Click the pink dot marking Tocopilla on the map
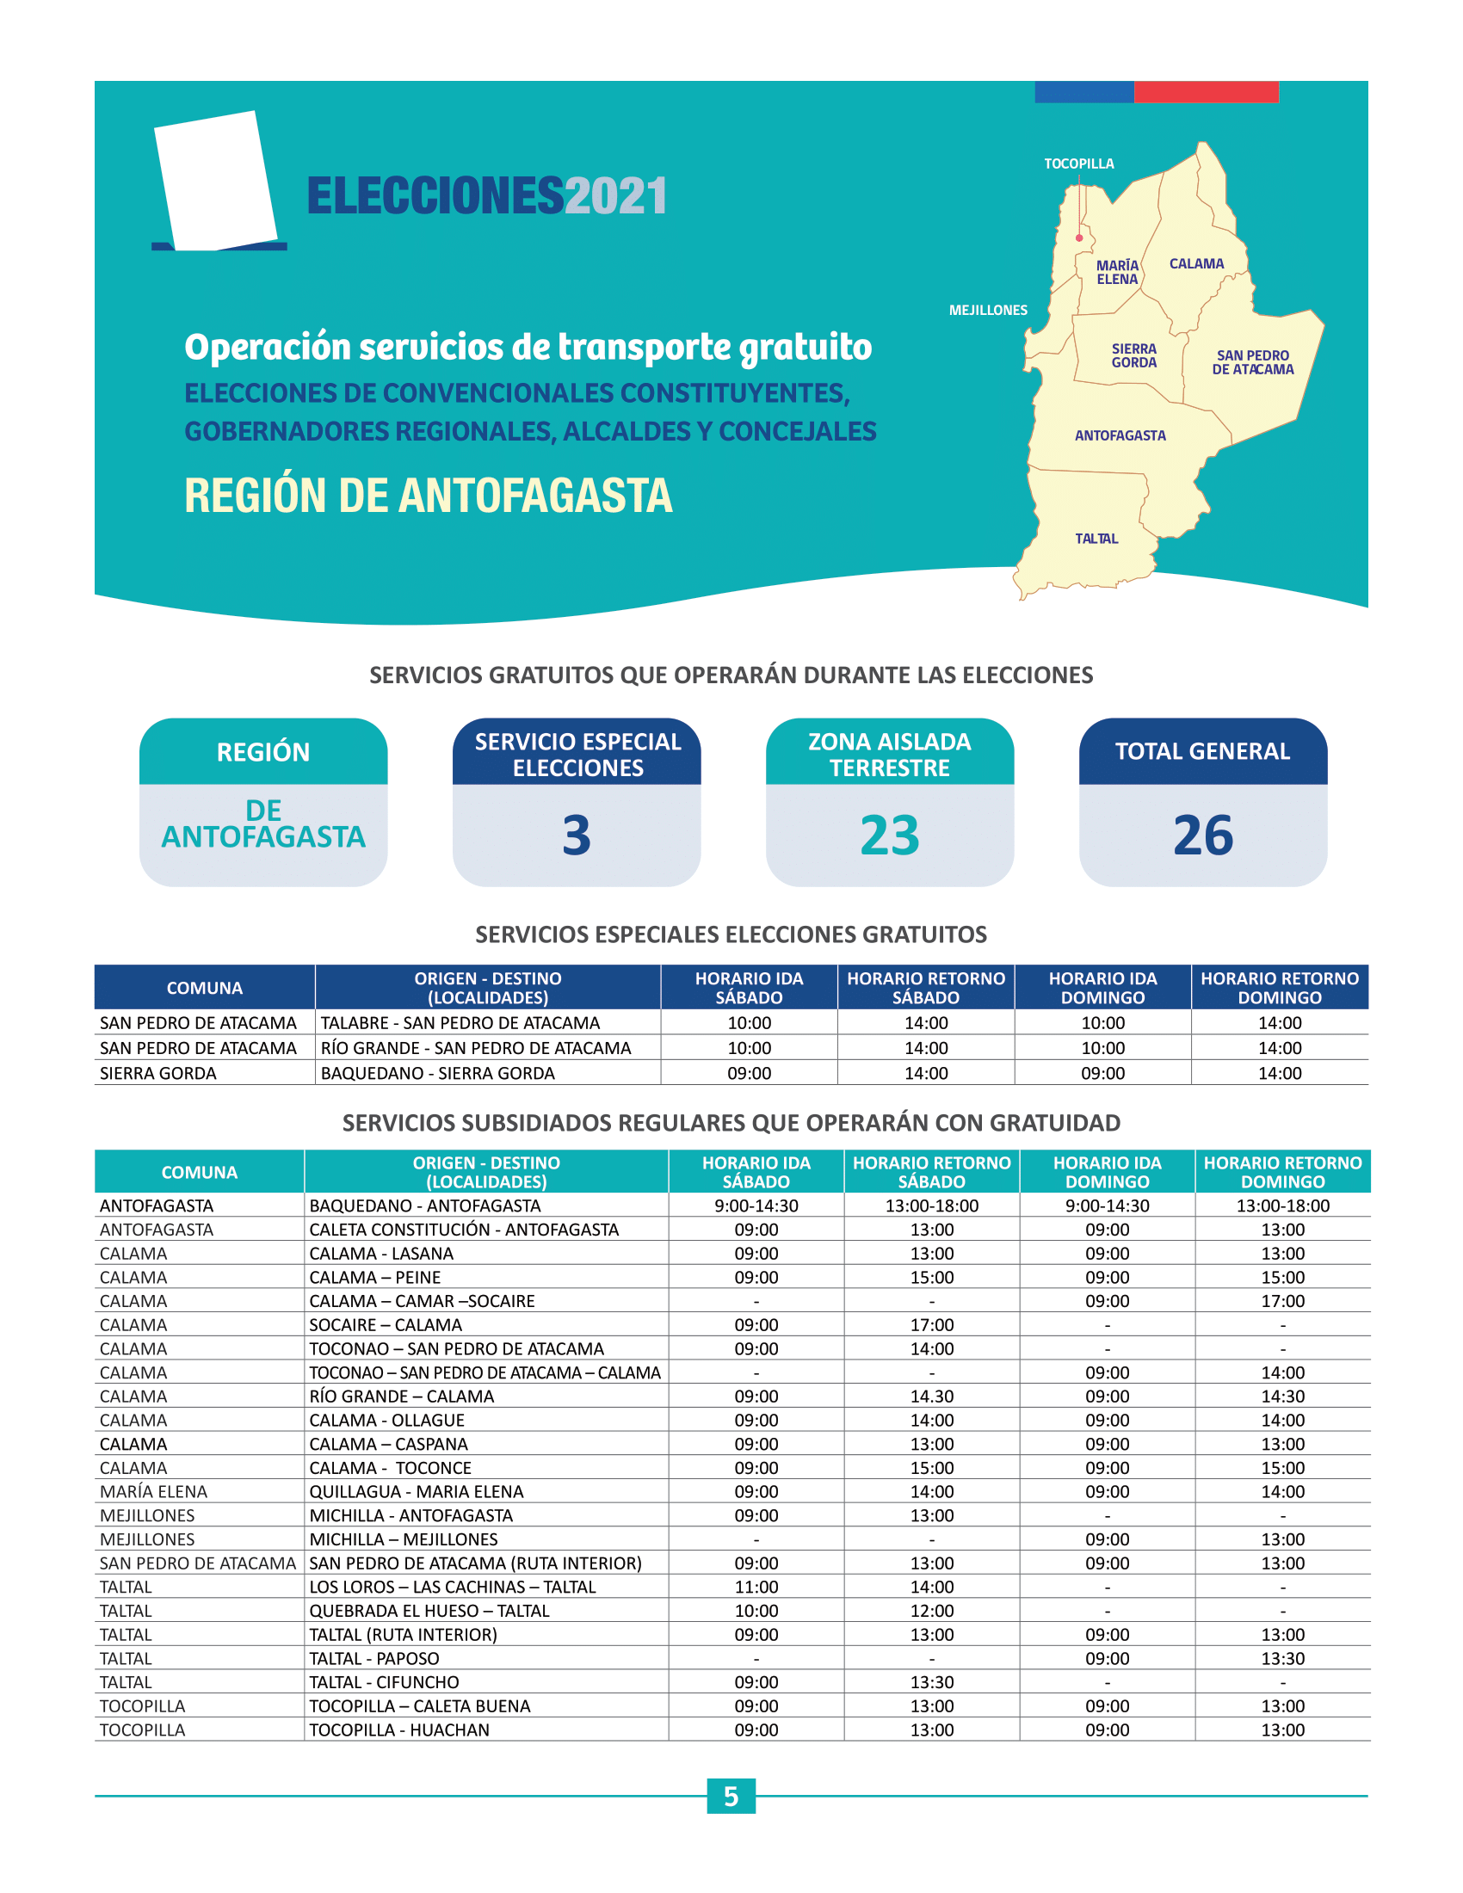pos(1079,237)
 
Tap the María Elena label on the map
pos(1117,272)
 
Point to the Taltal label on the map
pos(1096,539)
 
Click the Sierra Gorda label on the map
pos(1133,355)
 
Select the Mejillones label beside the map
pos(988,311)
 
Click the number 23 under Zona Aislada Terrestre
pos(889,836)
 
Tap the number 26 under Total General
pos(1203,836)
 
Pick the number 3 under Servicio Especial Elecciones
pos(577,836)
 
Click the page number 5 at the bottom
pos(731,1797)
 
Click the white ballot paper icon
pos(216,181)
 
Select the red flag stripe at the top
pos(1207,92)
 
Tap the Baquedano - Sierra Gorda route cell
pos(438,1073)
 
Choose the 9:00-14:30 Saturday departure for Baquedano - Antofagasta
pos(756,1205)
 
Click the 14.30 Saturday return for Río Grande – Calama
pos(932,1397)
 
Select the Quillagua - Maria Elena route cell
pos(417,1492)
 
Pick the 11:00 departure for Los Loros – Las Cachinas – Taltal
pos(756,1587)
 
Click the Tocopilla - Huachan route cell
pos(399,1730)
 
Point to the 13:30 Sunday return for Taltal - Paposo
pos(1283,1658)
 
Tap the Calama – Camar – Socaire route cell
pos(422,1301)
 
